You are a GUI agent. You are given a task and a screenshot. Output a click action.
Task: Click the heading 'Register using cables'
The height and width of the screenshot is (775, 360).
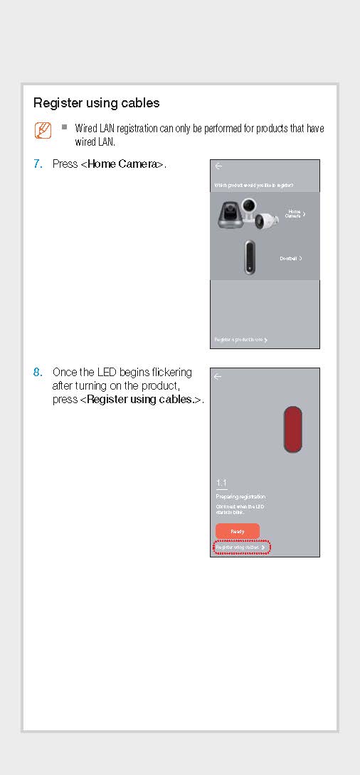pyautogui.click(x=96, y=103)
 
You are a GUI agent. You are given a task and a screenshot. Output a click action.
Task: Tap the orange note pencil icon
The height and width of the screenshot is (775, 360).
pyautogui.click(x=43, y=131)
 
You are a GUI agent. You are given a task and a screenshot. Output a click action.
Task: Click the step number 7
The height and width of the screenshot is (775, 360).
pyautogui.click(x=38, y=164)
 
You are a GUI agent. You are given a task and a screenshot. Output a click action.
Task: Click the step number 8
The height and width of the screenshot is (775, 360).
pyautogui.click(x=38, y=373)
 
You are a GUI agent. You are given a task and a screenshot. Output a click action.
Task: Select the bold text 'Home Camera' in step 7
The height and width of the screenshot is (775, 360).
pyautogui.click(x=122, y=164)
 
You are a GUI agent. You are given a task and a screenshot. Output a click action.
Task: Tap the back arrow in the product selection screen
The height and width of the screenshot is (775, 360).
pyautogui.click(x=218, y=166)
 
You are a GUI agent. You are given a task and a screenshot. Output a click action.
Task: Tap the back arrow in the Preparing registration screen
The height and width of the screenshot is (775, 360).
pyautogui.click(x=218, y=376)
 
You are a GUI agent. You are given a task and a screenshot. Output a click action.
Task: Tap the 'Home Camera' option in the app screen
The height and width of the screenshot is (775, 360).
pyautogui.click(x=295, y=213)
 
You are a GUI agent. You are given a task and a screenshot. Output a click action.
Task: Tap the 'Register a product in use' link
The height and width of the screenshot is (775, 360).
pyautogui.click(x=240, y=340)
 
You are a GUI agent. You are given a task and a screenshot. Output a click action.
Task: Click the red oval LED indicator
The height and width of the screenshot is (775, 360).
pyautogui.click(x=292, y=429)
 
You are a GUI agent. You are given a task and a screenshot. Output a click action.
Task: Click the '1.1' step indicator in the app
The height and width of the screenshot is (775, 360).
pyautogui.click(x=221, y=483)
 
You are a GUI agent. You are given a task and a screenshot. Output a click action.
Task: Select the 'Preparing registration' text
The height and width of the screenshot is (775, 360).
pyautogui.click(x=240, y=496)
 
